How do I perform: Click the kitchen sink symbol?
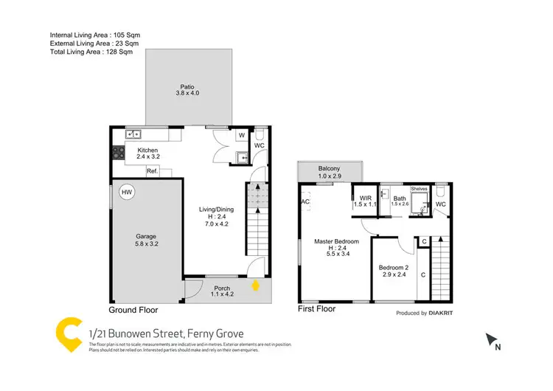click(x=133, y=134)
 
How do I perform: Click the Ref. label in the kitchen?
click(x=153, y=171)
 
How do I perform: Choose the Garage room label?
click(x=147, y=239)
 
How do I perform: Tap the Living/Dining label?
click(x=218, y=210)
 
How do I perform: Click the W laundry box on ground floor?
click(x=241, y=136)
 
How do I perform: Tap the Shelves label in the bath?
click(x=419, y=189)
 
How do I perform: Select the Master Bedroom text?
click(x=336, y=241)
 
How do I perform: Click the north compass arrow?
click(x=491, y=340)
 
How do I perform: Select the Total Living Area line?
click(x=91, y=52)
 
